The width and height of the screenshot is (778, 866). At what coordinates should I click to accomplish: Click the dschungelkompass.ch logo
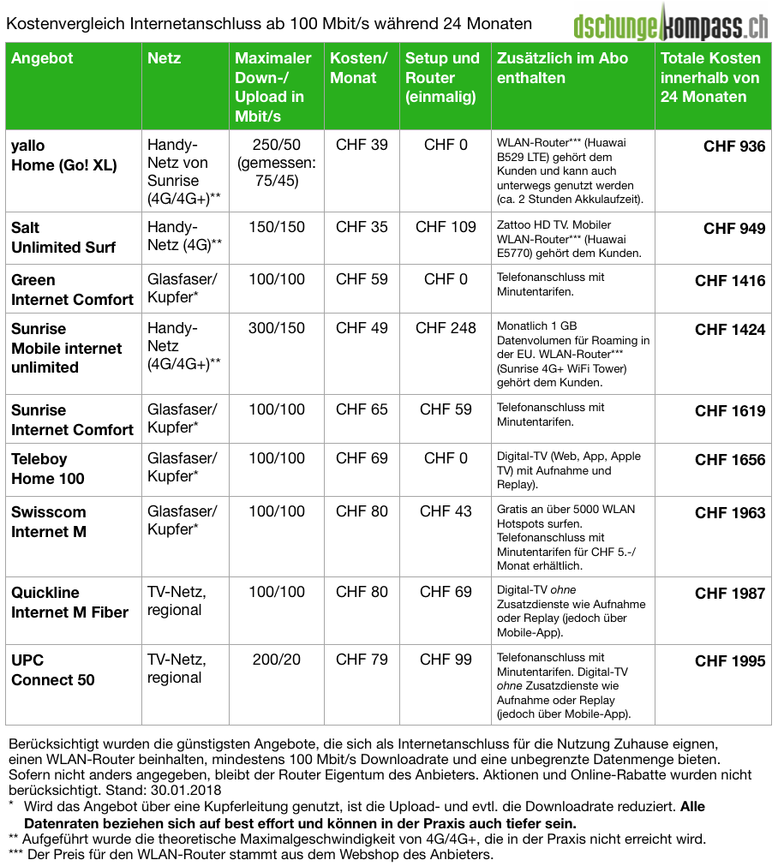click(671, 24)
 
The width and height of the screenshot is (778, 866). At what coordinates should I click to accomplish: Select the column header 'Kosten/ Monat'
click(359, 69)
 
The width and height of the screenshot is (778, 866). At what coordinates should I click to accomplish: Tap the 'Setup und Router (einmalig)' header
click(442, 78)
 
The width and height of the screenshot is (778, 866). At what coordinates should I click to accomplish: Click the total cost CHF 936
click(734, 146)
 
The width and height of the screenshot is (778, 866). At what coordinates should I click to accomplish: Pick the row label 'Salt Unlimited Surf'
click(63, 237)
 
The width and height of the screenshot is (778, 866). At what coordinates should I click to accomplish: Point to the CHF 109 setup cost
click(446, 228)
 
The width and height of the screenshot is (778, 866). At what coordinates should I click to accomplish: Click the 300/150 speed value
click(275, 328)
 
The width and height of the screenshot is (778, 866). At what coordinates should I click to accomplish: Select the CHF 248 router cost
click(446, 328)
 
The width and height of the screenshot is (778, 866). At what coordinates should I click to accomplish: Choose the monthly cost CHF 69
click(362, 459)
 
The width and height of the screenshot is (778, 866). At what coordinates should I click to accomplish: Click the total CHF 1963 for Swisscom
click(730, 513)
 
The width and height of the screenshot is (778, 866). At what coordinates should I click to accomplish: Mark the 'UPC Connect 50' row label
click(53, 670)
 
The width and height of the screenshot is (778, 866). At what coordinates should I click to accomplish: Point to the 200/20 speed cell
click(275, 660)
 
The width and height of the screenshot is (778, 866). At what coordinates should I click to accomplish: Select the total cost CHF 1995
click(730, 661)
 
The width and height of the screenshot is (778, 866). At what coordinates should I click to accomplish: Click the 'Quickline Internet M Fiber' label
click(69, 602)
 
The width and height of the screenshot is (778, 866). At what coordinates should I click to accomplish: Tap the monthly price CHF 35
click(362, 228)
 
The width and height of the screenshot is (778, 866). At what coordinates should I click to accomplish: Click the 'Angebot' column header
click(42, 59)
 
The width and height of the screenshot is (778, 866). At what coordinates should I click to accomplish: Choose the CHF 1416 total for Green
click(730, 281)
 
